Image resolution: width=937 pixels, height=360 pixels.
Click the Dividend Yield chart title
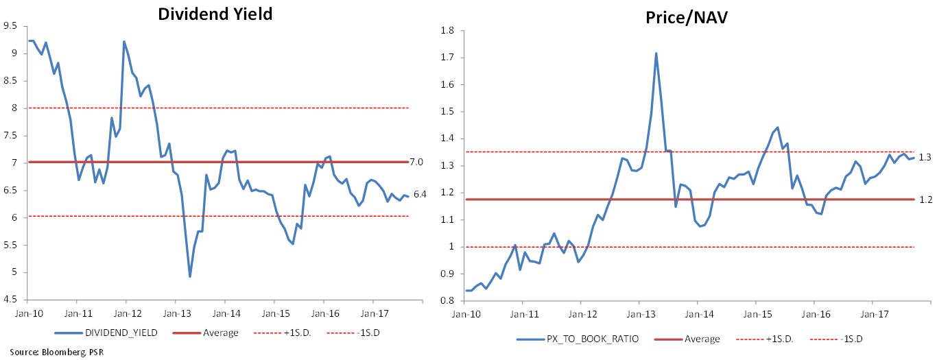(215, 14)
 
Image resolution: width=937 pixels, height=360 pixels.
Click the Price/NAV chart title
(686, 18)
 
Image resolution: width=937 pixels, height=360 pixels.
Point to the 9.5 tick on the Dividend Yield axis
(10, 26)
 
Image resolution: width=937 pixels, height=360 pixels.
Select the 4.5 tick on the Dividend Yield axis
(10, 300)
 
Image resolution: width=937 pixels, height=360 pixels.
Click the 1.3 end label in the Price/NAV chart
(924, 158)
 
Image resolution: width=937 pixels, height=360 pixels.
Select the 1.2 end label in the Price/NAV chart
(924, 200)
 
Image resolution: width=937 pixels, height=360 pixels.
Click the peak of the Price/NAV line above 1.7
(656, 53)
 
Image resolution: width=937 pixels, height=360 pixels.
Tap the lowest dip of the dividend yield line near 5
(189, 276)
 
